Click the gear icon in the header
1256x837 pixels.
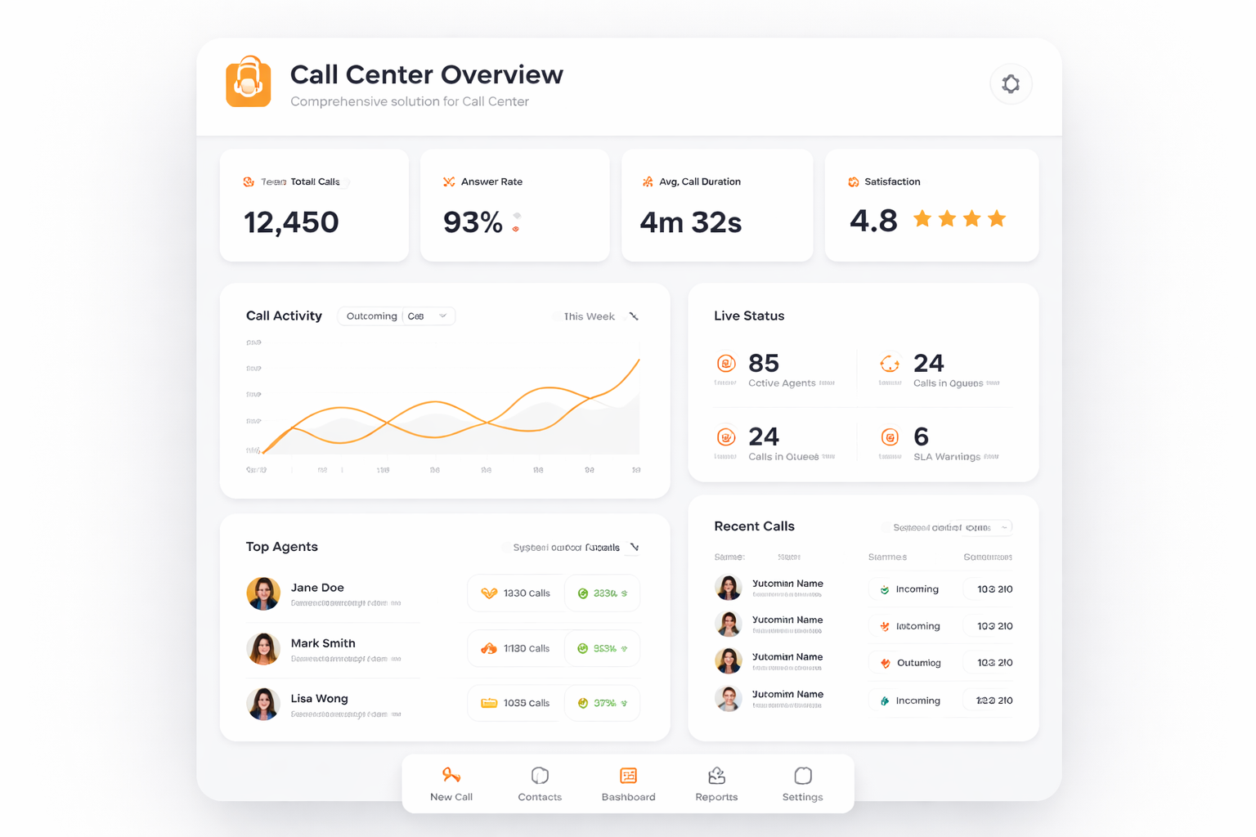click(1011, 84)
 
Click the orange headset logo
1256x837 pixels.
click(249, 83)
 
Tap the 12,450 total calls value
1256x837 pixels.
click(291, 222)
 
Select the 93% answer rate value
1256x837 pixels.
click(473, 222)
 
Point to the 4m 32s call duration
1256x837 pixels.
click(690, 222)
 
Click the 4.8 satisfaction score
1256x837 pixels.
click(873, 221)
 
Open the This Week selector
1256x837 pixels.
click(596, 316)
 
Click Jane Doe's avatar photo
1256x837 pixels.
click(263, 593)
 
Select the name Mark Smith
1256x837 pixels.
click(323, 643)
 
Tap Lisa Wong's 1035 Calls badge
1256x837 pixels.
click(516, 703)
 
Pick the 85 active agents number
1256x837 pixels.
click(764, 363)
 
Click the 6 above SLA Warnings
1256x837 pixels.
click(921, 436)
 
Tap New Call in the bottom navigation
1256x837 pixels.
click(451, 785)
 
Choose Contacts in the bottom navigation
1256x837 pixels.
click(540, 785)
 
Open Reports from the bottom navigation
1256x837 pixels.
click(716, 785)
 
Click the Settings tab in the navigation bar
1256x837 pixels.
click(802, 785)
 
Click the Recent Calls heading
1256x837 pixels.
click(754, 526)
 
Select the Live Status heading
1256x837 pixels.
click(749, 316)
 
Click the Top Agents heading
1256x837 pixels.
click(282, 547)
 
